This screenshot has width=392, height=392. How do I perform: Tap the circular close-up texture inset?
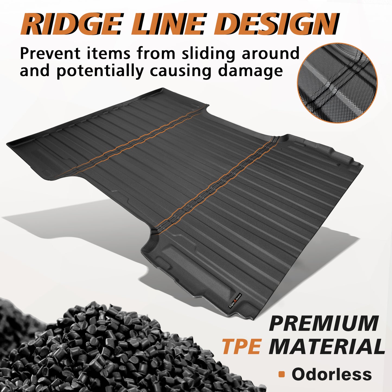[337, 83]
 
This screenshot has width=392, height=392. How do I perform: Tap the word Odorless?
[332, 374]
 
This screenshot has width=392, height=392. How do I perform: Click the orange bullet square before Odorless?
[282, 374]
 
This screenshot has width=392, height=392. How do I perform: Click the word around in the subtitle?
[270, 54]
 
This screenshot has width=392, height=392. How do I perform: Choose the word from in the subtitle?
[156, 53]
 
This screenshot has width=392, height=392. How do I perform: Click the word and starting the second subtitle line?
[35, 71]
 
